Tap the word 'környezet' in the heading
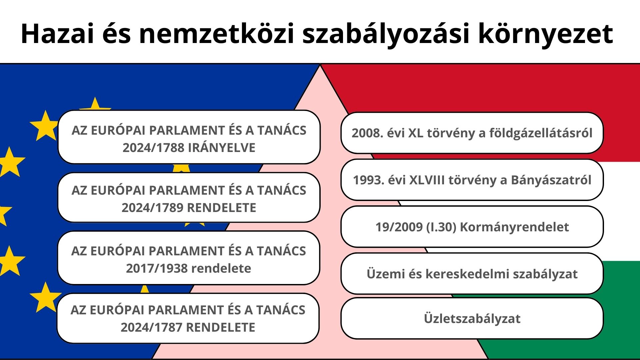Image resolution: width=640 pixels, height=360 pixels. (545, 34)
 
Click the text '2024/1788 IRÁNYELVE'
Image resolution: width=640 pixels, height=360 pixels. (189, 148)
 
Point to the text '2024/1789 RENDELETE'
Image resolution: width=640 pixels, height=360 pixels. (189, 208)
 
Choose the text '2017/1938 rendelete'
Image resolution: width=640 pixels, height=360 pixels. (188, 268)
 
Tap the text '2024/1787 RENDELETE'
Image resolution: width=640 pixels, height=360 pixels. (188, 327)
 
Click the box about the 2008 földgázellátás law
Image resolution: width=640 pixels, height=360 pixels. (472, 133)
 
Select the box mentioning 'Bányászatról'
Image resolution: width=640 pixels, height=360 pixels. (472, 180)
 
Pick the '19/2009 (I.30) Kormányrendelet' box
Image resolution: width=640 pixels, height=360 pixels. (472, 227)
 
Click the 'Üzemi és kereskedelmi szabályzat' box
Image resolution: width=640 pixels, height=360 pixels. (472, 274)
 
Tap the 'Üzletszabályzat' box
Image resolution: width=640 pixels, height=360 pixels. (472, 319)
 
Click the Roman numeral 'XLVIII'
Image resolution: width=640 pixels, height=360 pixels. (427, 180)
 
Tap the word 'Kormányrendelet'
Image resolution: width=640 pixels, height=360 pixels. (514, 227)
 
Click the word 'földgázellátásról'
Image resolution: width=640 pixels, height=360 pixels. (541, 133)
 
